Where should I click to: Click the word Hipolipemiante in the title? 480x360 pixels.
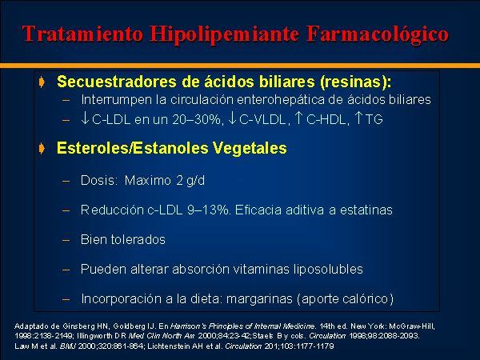(224, 34)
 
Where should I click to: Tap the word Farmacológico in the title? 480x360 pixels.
(377, 34)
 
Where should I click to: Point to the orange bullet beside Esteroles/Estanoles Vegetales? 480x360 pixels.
(42, 149)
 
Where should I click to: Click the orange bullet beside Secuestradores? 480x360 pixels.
(42, 82)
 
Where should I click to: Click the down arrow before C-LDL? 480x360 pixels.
(85, 118)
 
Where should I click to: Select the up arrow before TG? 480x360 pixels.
(358, 118)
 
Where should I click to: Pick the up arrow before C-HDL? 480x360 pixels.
(298, 118)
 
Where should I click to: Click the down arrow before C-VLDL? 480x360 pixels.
(232, 118)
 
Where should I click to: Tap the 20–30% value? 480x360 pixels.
(197, 119)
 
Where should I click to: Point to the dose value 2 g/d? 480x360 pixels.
(190, 180)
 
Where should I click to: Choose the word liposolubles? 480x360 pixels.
(328, 270)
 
